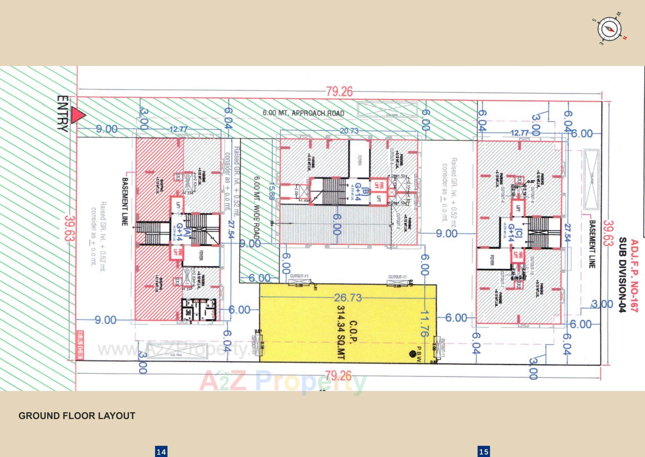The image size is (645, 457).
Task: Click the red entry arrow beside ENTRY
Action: (79, 116)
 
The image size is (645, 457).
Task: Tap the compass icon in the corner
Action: (609, 29)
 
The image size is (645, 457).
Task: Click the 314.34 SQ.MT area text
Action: (341, 332)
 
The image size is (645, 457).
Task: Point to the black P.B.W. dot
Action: (412, 354)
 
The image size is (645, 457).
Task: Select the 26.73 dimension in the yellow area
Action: (348, 297)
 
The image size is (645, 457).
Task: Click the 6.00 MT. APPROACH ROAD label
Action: (303, 113)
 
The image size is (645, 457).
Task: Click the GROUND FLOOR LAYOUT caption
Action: (77, 416)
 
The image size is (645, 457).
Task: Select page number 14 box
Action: (161, 452)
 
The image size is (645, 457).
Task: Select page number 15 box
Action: (484, 452)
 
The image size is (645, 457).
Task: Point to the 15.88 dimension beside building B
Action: (271, 191)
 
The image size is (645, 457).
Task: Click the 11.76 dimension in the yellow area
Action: (424, 323)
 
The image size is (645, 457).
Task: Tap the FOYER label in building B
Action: (359, 161)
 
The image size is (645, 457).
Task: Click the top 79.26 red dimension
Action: (339, 91)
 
